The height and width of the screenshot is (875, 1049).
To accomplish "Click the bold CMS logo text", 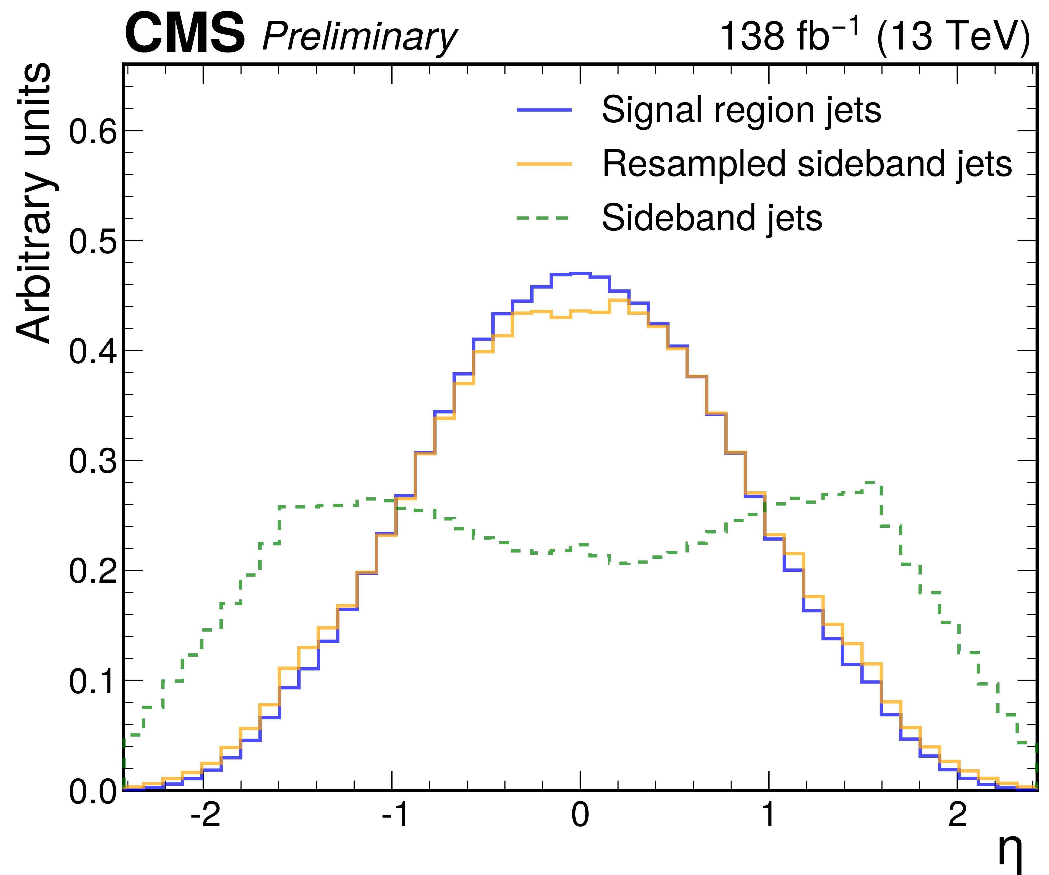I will tap(184, 34).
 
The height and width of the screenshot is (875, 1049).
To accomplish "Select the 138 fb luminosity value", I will tap(789, 35).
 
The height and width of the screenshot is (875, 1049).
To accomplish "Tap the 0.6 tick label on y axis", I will tap(93, 132).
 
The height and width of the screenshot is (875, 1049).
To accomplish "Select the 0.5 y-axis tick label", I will tap(93, 242).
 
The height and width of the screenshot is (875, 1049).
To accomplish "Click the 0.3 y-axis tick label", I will tap(93, 462).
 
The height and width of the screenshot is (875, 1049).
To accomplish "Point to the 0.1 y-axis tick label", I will tap(93, 682).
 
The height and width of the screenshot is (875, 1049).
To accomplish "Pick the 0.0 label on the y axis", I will tap(93, 792).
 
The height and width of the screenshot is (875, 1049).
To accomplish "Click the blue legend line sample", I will tap(544, 110).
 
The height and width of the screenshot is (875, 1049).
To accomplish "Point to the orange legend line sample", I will tap(544, 164).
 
